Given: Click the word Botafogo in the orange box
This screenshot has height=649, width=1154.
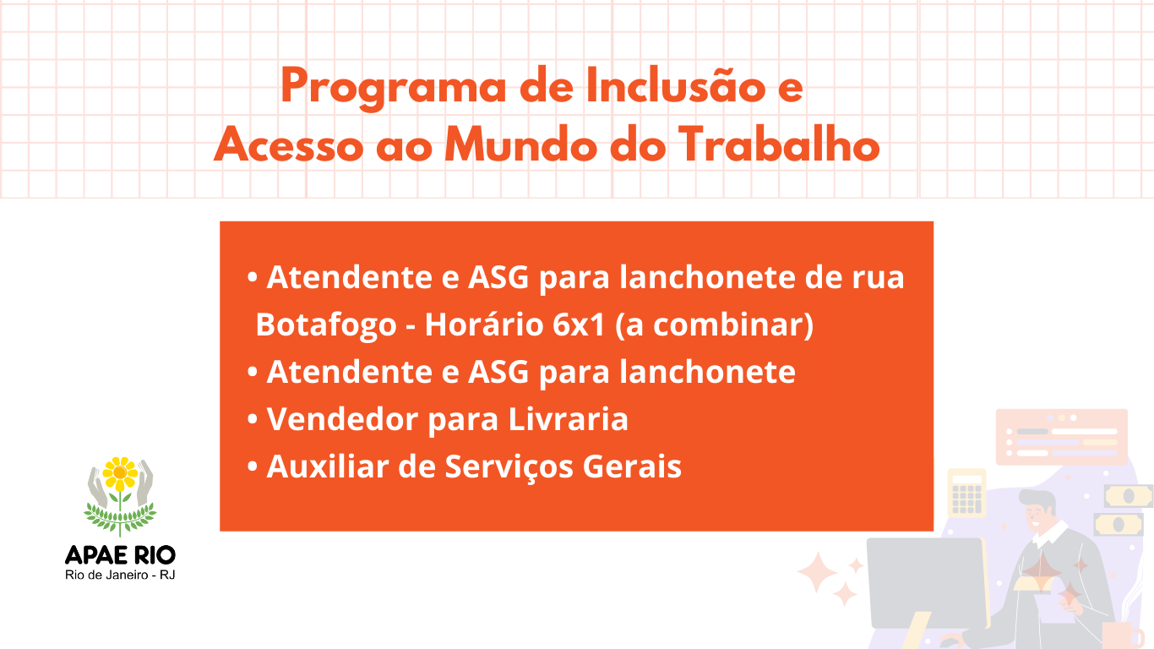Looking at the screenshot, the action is pyautogui.click(x=326, y=324).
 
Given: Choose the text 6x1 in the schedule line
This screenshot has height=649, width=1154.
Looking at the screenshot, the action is pyautogui.click(x=579, y=324).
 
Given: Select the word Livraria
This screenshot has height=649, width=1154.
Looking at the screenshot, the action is pyautogui.click(x=569, y=418).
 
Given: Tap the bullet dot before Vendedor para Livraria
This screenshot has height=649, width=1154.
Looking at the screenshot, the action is pyautogui.click(x=252, y=419).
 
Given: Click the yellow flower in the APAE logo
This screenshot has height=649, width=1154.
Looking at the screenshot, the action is pyautogui.click(x=120, y=473).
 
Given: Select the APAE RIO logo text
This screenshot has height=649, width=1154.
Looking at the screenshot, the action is pyautogui.click(x=120, y=556).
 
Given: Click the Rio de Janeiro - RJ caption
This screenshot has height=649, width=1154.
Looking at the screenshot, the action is pyautogui.click(x=120, y=575).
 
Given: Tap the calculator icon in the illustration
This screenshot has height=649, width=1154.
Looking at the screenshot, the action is pyautogui.click(x=967, y=494).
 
